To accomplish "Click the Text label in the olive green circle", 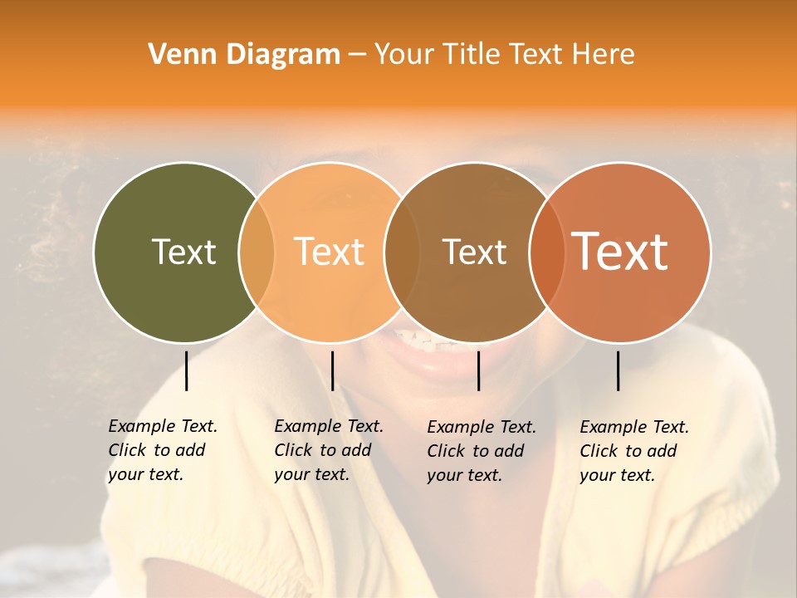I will coord(183,252).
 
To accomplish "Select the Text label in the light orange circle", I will coord(329,252).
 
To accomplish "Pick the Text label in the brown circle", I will coord(474,252).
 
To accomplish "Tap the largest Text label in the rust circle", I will coord(620,252).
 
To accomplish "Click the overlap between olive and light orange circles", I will coord(257,252).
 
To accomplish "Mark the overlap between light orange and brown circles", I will coord(402,252).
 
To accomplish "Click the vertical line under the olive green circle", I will coord(186,370).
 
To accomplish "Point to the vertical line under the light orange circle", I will coord(332,370).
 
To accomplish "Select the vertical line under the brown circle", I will coord(478,370).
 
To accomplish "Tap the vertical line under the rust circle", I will coord(619,370).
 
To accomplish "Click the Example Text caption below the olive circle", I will coord(162,450).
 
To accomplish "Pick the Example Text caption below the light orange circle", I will coord(328,450).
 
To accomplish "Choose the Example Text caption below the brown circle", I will coord(481,451).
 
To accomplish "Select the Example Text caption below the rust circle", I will coord(633,451).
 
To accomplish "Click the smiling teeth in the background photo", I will coord(423,341).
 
